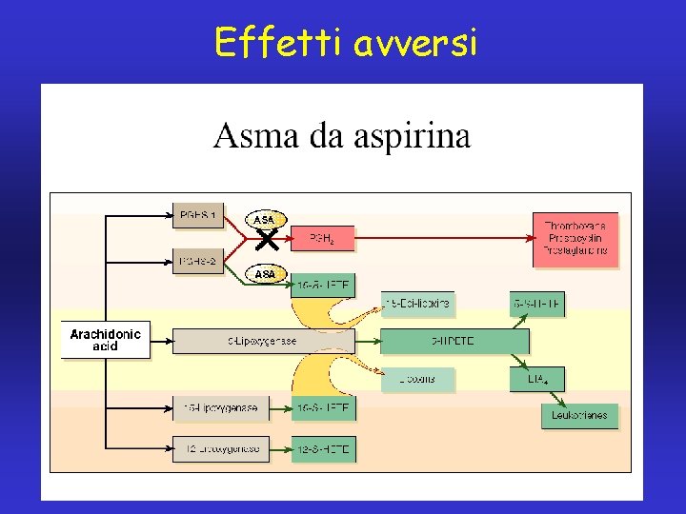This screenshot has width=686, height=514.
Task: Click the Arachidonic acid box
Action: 105,341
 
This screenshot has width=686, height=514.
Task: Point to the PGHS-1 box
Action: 198,216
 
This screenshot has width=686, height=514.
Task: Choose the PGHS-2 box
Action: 198,261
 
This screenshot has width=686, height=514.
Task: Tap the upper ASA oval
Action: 265,220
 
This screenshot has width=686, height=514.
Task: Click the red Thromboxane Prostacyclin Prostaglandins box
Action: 575,238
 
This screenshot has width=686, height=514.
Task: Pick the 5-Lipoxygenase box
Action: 263,341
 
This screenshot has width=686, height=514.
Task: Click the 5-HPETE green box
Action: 454,341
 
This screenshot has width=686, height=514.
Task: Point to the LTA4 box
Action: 537,379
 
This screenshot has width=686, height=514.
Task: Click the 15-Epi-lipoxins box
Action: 417,304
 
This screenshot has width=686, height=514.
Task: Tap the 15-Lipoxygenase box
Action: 208,408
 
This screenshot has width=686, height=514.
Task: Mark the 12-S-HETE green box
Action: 322,448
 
